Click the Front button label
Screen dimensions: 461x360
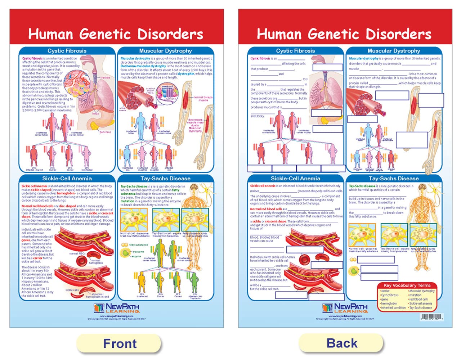click(120, 343)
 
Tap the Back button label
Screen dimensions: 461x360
click(342, 343)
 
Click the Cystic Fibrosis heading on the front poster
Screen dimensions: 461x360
click(67, 51)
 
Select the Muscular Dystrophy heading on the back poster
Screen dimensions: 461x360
click(394, 51)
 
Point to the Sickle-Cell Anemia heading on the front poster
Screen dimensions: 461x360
click(67, 178)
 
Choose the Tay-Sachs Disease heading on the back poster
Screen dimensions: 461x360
click(394, 178)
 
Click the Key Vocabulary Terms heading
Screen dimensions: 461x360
click(407, 285)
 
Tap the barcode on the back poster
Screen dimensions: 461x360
click(431, 317)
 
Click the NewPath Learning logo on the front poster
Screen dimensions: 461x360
click(116, 308)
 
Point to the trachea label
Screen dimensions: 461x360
click(105, 77)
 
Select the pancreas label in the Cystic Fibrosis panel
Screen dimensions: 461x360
click(105, 132)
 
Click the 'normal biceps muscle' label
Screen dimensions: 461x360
click(203, 99)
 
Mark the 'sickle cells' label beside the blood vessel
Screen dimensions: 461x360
click(72, 290)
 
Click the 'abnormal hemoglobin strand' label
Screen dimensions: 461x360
click(97, 296)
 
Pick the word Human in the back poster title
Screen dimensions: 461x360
click(279, 34)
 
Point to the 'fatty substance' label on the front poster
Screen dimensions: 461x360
click(138, 245)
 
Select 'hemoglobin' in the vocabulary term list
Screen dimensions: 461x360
click(389, 303)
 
